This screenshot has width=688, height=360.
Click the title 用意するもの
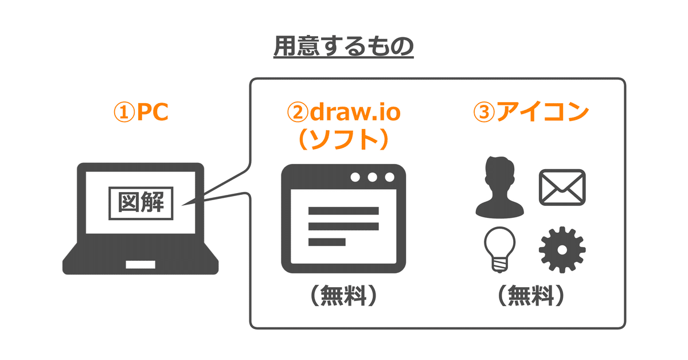(x=343, y=48)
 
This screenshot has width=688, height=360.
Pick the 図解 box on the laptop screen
(x=140, y=203)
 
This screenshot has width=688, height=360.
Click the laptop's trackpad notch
(x=140, y=265)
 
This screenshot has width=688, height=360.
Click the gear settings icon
(x=562, y=251)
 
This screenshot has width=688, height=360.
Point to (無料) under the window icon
(x=343, y=296)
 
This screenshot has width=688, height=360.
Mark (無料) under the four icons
(x=531, y=296)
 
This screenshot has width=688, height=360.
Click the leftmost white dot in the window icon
(x=355, y=177)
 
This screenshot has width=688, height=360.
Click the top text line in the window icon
(x=343, y=210)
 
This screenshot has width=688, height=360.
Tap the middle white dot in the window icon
(x=373, y=177)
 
